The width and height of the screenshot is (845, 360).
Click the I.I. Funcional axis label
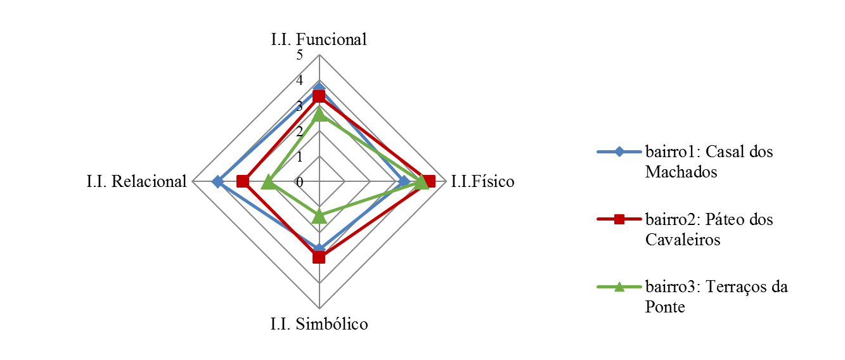pos(319,39)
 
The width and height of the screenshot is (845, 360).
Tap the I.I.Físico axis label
pos(483,183)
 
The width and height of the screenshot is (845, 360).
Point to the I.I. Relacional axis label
pos(137,182)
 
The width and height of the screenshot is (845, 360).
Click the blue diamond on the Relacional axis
pos(217,182)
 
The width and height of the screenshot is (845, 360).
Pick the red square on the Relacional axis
pos(242,182)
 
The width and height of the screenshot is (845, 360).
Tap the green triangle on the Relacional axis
pos(268,182)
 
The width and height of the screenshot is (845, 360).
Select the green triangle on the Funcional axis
pos(319,114)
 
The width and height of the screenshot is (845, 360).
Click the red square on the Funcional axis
pos(319,96)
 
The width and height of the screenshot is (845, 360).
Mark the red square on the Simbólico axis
pos(319,257)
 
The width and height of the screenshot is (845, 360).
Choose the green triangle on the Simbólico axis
pos(319,217)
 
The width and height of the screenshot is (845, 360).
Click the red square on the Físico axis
pos(429,182)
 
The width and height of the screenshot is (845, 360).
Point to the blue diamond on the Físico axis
pos(404,182)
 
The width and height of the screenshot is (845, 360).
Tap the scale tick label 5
pos(299,56)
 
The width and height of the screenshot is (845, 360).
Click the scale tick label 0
pos(299,183)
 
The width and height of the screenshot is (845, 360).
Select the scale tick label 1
pos(299,157)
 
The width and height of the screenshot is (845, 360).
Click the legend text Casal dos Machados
pos(709,162)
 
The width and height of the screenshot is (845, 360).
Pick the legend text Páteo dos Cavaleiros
pos(709,229)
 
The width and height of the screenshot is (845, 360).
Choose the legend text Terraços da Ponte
pos(716,297)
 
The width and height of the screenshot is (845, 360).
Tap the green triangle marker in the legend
pos(619,287)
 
